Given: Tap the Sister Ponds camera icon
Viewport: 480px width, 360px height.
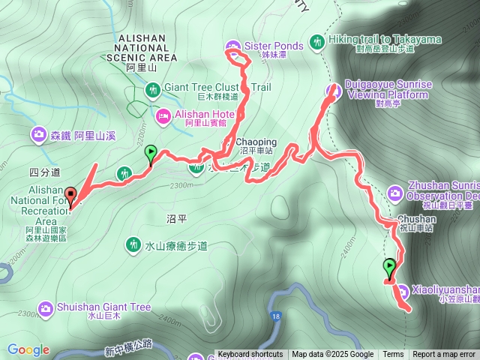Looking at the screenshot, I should point(233,46).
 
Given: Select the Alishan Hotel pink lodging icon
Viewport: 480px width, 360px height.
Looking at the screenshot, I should point(163,115).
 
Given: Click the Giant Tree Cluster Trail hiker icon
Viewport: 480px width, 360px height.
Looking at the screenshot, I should point(152,91).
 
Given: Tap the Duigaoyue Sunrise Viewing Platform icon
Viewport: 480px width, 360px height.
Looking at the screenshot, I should point(334,90).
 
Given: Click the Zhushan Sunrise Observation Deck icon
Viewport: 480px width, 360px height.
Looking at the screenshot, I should point(395,194).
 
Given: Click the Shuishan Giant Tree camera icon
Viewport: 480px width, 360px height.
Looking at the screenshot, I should point(46,307).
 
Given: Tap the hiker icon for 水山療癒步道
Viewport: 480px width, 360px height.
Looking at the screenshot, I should point(133,244).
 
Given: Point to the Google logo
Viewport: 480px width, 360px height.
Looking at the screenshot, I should point(28,349).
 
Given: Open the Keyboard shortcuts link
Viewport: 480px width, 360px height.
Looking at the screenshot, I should point(250,355).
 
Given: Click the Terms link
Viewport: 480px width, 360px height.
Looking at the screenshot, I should point(393,355).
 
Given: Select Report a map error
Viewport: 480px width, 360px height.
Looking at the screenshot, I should point(444,355).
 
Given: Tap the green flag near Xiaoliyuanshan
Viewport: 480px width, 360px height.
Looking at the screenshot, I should point(389,267).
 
